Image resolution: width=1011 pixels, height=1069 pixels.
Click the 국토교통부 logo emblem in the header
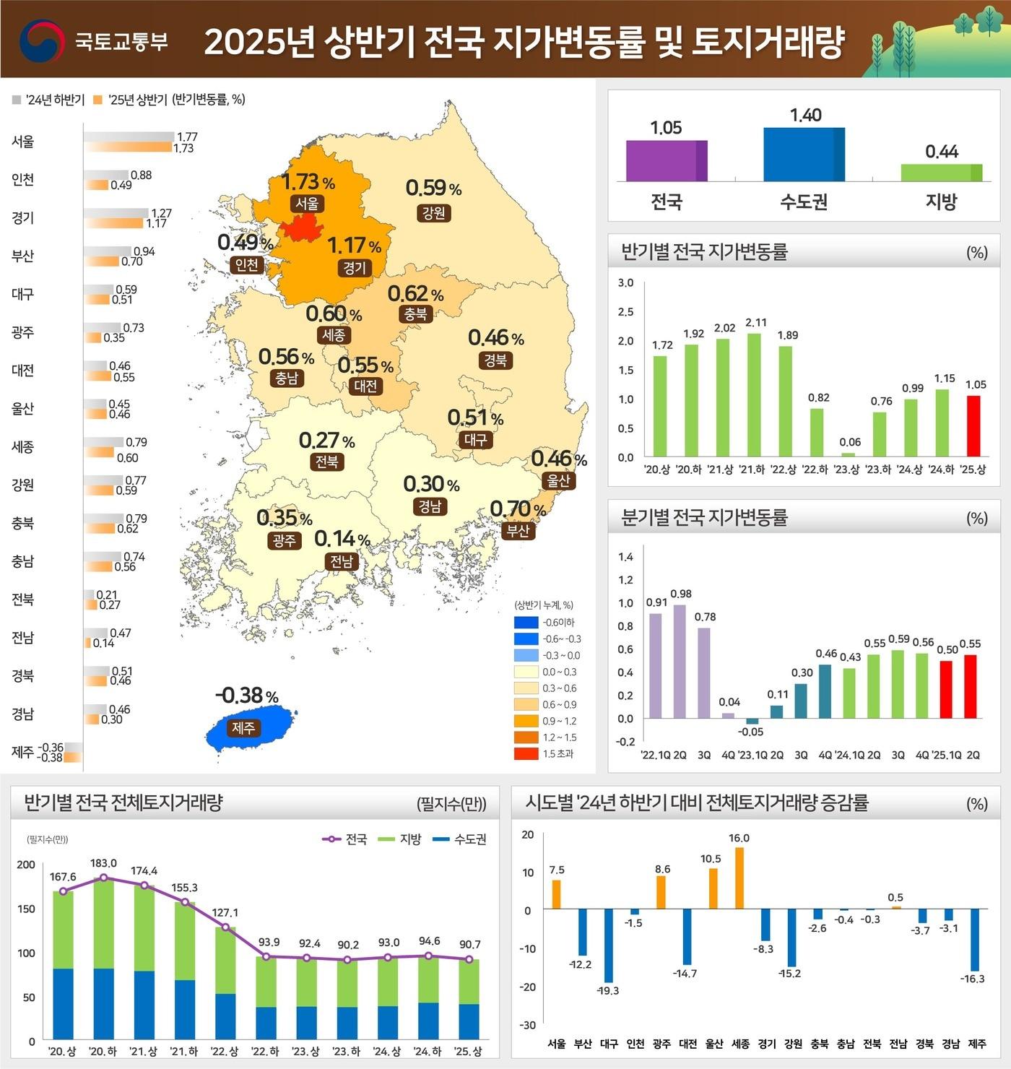[x=42, y=40]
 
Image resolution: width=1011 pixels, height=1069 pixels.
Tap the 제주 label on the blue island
[x=243, y=727]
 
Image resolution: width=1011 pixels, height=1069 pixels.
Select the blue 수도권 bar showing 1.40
[x=804, y=154]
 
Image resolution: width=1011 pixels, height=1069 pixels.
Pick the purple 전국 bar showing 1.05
[x=666, y=160]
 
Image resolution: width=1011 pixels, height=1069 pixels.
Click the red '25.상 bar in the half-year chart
[x=973, y=426]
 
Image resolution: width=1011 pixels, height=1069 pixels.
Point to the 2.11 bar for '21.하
[x=754, y=394]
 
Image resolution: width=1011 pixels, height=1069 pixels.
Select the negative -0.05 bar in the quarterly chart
[x=752, y=721]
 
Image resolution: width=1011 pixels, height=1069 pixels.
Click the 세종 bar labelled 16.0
[x=739, y=878]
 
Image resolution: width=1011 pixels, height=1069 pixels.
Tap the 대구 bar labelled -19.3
[x=608, y=945]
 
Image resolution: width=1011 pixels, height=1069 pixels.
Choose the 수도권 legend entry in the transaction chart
[x=460, y=839]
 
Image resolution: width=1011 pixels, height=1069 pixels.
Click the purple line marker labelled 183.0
[x=103, y=878]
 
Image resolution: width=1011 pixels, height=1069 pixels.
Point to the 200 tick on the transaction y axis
[x=26, y=865]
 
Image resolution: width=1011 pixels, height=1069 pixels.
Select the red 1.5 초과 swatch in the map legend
[x=526, y=753]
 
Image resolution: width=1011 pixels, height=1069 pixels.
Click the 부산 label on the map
[x=518, y=530]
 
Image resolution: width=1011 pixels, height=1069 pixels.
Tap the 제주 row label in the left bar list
[x=22, y=752]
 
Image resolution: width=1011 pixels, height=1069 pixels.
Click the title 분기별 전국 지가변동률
[x=704, y=517]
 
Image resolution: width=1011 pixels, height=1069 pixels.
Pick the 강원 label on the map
[x=433, y=212]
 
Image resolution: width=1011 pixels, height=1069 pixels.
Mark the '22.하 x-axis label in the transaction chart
[x=265, y=1051]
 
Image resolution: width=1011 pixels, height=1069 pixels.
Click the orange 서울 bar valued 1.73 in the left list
[x=129, y=147]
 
